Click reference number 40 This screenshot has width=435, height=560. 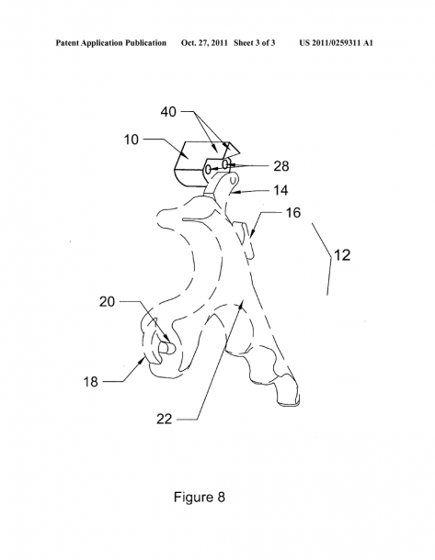[168, 112]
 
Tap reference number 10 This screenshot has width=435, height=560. [131, 140]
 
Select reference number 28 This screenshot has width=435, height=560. [281, 166]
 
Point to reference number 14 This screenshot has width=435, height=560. [280, 190]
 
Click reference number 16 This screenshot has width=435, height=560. [293, 213]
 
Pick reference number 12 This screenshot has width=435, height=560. [341, 255]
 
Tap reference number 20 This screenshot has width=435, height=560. [107, 302]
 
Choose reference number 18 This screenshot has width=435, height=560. [90, 382]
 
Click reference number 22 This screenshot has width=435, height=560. [165, 419]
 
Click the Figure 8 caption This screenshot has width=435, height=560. [200, 497]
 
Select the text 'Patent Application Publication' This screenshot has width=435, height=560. [111, 43]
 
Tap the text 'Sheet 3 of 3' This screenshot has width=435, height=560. [255, 43]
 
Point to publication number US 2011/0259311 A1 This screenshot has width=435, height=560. [337, 43]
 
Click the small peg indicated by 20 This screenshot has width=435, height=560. [166, 348]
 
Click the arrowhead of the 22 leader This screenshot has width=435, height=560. [243, 304]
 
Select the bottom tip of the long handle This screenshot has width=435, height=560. [289, 404]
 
